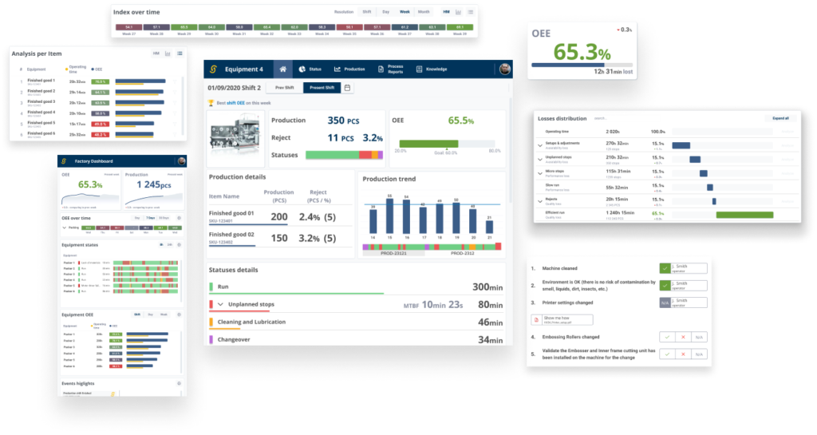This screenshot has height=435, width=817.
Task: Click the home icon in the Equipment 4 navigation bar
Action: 280,69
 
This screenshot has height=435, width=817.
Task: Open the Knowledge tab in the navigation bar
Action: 432,69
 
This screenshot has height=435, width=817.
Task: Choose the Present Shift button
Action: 322,88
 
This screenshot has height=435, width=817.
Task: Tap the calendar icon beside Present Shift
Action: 348,88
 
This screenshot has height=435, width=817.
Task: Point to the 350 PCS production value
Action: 349,121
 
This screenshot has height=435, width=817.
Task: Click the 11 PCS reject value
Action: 345,137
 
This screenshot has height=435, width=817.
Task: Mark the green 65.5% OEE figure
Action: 460,121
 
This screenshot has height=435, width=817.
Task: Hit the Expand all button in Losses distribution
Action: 780,118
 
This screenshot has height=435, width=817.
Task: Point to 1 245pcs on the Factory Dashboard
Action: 155,184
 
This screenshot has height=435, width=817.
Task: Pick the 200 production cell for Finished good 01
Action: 279,216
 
